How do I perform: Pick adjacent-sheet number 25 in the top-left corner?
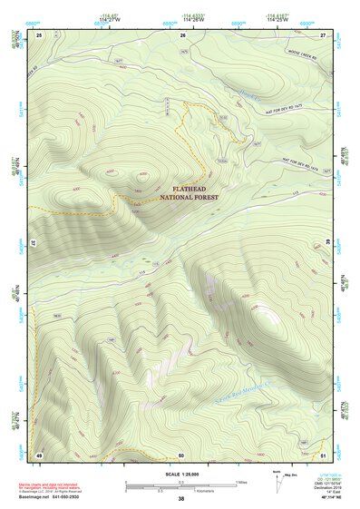(x=39, y=34)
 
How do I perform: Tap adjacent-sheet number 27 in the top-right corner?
(x=323, y=34)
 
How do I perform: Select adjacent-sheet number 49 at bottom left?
(x=39, y=454)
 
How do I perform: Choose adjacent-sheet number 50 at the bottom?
(x=181, y=454)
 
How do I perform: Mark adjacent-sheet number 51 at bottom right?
(x=323, y=454)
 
